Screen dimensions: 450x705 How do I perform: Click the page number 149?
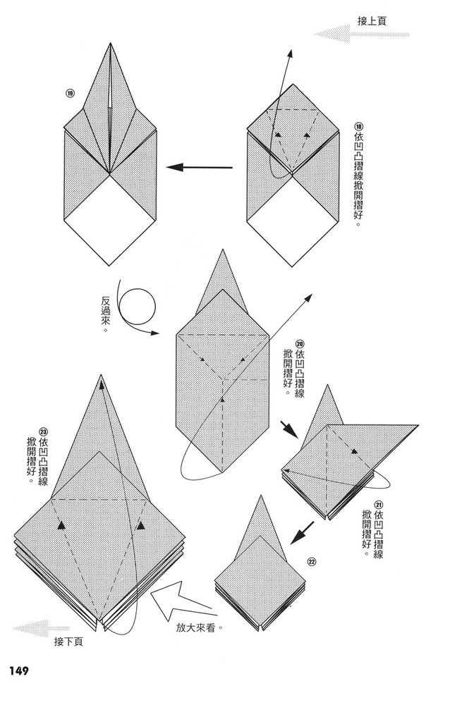coord(19,671)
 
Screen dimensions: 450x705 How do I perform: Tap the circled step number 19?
coord(70,94)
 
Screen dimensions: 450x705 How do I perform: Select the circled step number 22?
coord(312,562)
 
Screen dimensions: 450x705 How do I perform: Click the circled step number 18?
coord(358,127)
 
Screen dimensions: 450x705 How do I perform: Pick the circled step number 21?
coord(378,504)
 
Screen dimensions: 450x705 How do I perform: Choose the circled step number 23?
coord(43,431)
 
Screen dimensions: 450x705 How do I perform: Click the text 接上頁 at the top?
coord(372,20)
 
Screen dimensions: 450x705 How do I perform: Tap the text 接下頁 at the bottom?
coord(68,642)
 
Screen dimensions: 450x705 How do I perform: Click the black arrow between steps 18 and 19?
coord(200,168)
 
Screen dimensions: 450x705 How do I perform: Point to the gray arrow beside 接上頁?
coord(361,34)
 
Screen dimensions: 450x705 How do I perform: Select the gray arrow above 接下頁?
coord(41,628)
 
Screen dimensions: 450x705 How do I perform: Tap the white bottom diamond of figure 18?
coord(293,220)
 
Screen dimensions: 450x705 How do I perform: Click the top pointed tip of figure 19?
coord(110,44)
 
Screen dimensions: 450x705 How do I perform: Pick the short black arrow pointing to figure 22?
coord(303,533)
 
